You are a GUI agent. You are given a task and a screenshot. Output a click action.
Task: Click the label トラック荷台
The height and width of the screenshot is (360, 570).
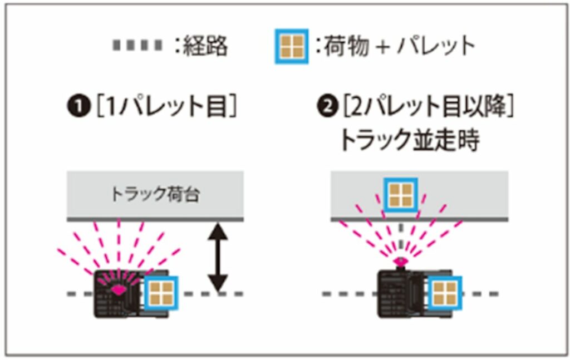coord(155,195)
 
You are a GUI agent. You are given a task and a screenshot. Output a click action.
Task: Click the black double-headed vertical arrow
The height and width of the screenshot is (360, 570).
coord(218,257)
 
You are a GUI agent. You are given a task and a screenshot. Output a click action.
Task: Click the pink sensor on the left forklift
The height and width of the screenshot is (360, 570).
coord(117,289)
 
